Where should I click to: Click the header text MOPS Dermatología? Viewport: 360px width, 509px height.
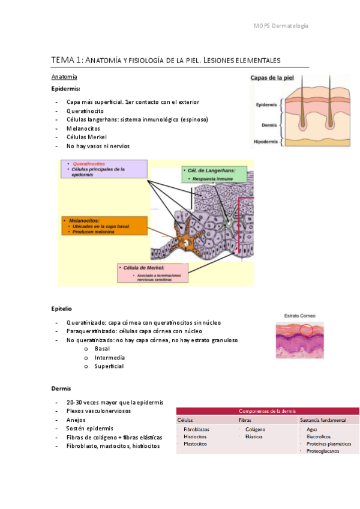click(281, 26)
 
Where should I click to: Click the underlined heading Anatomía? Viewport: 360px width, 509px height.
click(64, 77)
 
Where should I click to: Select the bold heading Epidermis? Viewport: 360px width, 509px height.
click(66, 89)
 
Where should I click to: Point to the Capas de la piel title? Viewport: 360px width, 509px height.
click(275, 78)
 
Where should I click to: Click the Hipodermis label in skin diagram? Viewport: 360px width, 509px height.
click(266, 142)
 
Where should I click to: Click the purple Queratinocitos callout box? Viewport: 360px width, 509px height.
click(103, 169)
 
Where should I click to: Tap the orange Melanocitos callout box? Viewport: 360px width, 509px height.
click(103, 226)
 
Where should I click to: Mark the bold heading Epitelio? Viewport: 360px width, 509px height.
click(62, 309)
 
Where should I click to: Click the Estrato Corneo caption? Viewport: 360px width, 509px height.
click(299, 316)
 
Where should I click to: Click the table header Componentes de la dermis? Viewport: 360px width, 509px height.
click(267, 411)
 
